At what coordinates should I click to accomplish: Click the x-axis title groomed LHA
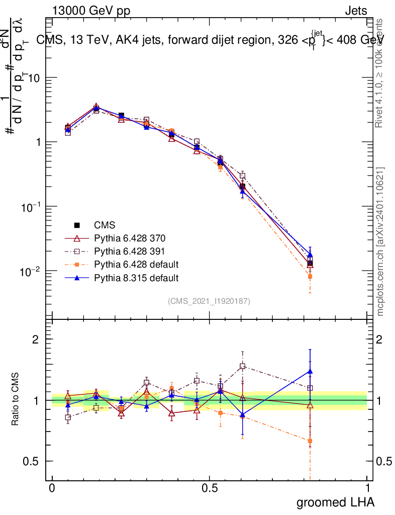click(335, 502)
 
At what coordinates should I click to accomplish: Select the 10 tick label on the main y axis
click(34, 78)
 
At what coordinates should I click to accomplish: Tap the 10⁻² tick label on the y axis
click(30, 272)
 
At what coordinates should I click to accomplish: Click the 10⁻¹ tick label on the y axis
click(30, 207)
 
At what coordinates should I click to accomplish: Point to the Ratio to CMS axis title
click(15, 400)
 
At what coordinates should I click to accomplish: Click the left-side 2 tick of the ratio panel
click(35, 339)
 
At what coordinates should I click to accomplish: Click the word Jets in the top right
click(356, 11)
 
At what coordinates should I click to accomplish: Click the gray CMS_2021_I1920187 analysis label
click(209, 301)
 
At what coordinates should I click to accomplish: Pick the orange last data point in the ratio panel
click(310, 441)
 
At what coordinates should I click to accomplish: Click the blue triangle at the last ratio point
click(310, 372)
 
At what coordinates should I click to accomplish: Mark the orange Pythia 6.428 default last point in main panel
click(310, 276)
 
